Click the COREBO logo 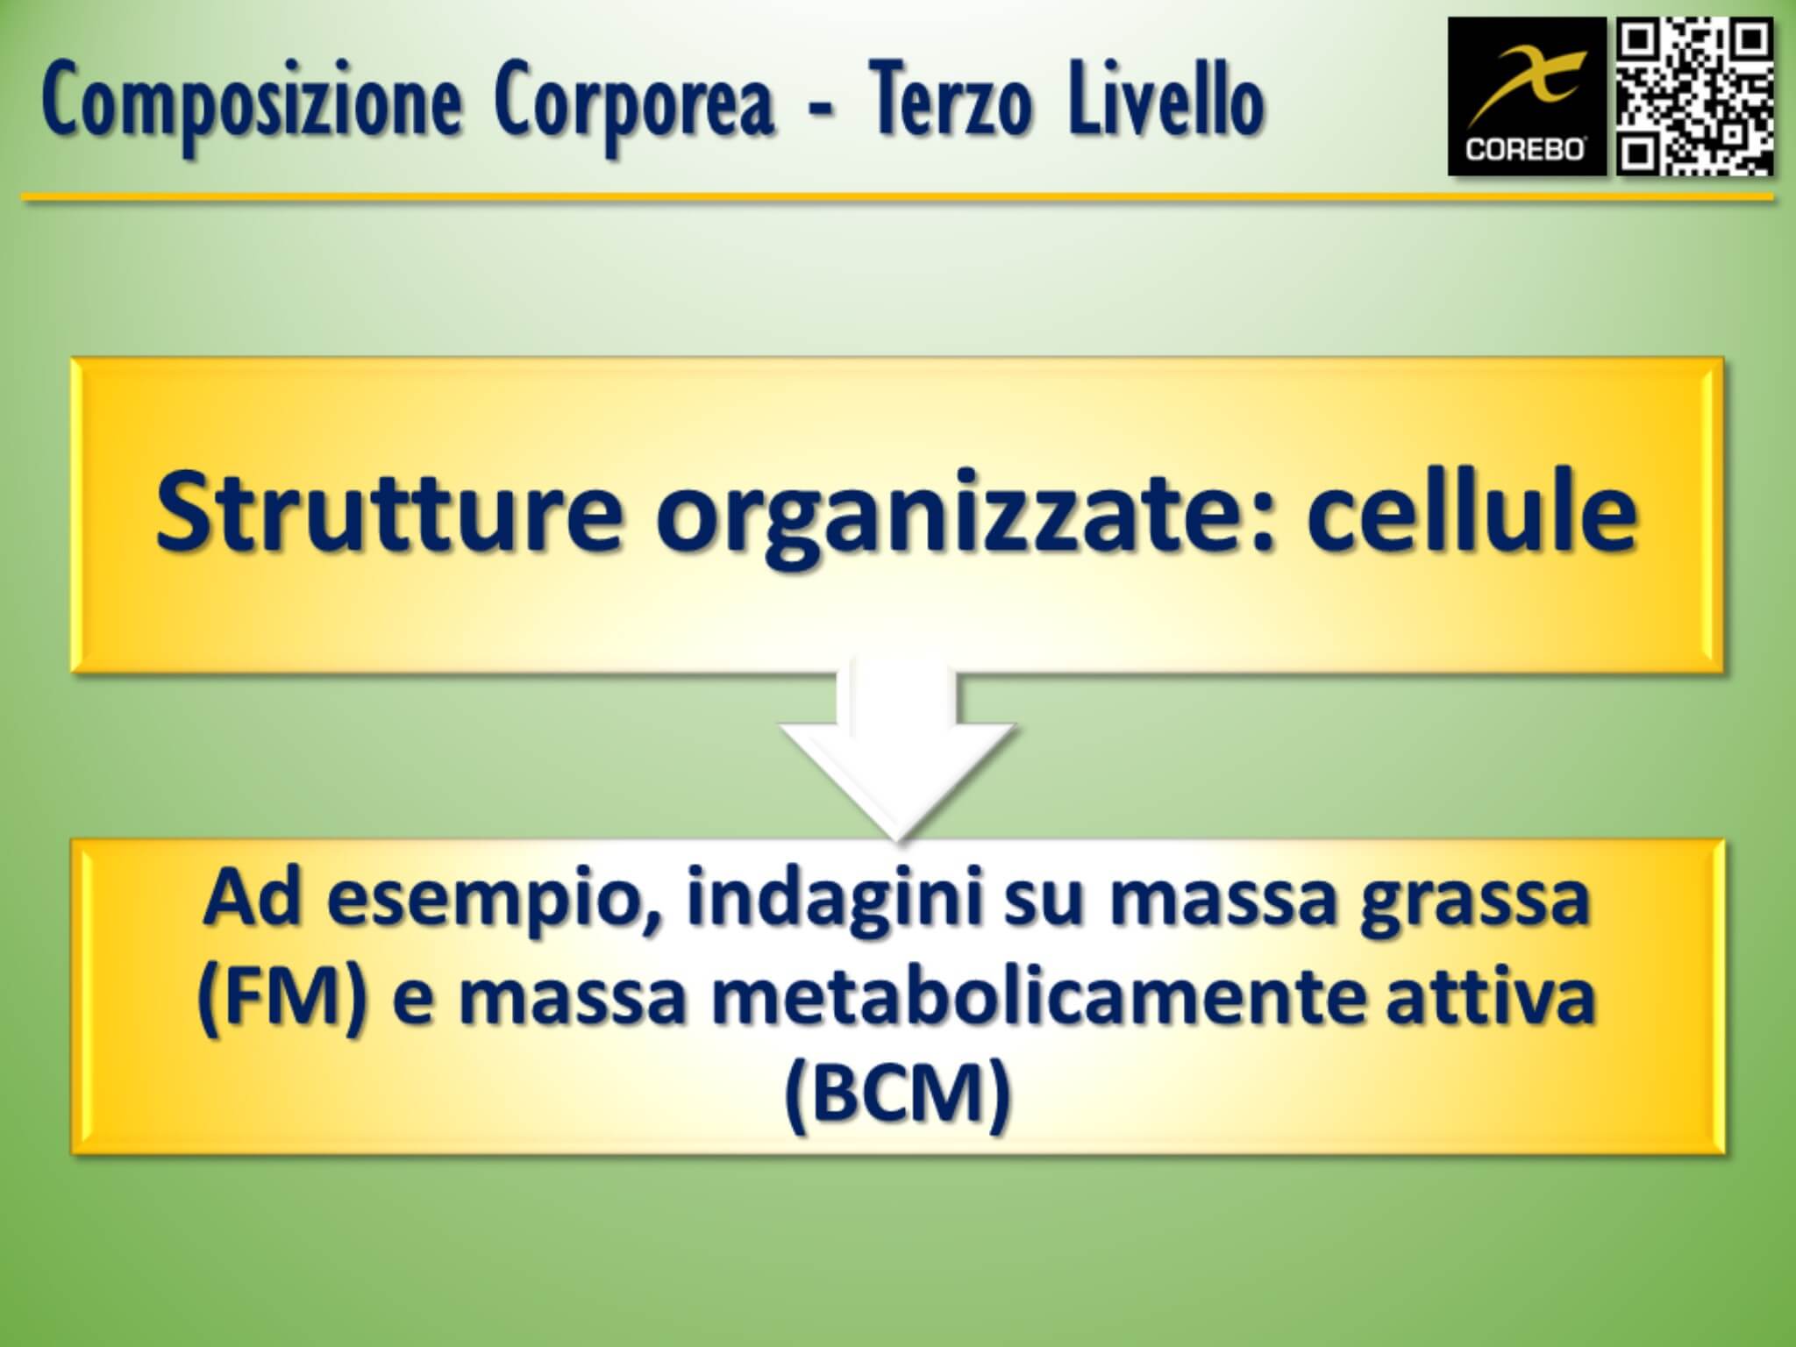click(1527, 96)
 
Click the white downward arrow click(897, 754)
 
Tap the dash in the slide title click(822, 113)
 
